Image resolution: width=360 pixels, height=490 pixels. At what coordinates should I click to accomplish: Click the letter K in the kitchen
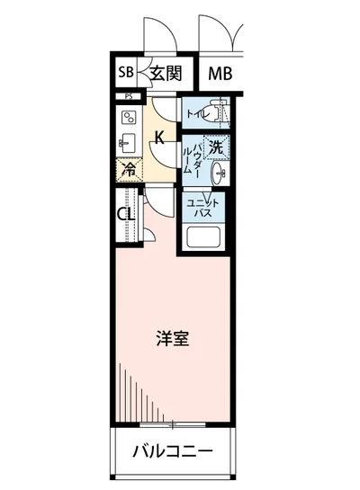coord(159,138)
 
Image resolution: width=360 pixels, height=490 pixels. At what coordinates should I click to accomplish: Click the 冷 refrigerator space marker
coord(129,169)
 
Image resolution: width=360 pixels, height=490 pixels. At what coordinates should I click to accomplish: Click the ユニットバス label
coord(199,209)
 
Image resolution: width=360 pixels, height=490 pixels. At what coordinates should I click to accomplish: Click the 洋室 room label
coord(172,339)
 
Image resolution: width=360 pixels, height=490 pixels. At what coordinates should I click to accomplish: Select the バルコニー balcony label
coord(174,452)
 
